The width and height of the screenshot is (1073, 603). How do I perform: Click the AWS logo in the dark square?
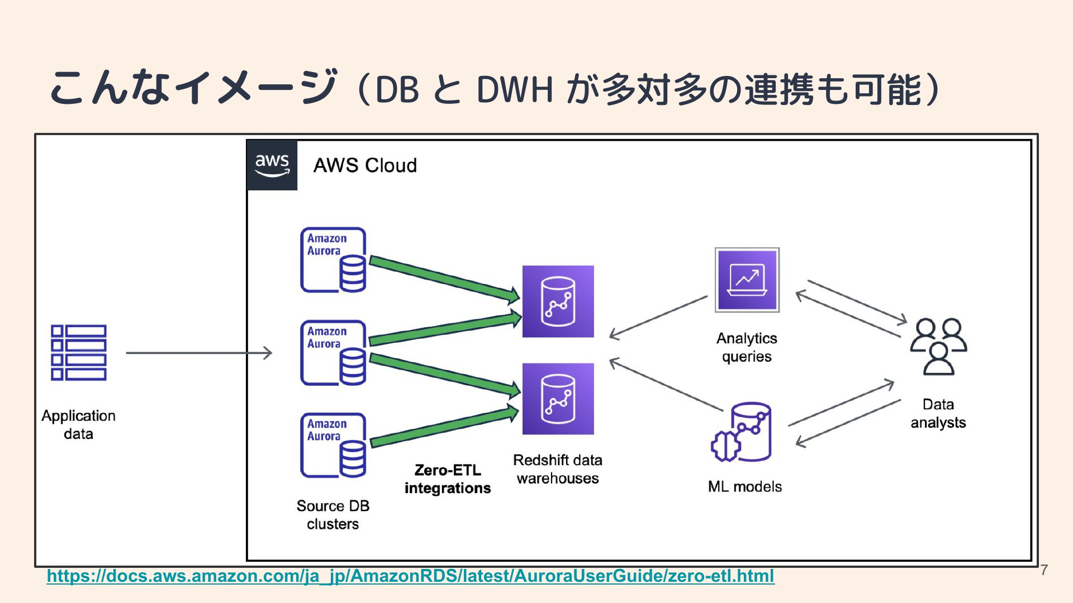tap(272, 165)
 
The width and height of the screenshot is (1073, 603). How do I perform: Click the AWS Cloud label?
tap(365, 165)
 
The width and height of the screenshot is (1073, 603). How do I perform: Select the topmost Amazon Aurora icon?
tap(334, 260)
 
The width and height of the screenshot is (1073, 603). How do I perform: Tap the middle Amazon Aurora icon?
tap(334, 353)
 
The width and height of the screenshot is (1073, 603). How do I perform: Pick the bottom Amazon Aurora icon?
tap(334, 446)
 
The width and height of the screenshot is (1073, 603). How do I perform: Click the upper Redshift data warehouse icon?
tap(558, 301)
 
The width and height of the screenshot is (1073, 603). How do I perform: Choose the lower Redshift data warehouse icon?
tap(558, 399)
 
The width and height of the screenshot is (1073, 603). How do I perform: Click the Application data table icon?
tap(79, 352)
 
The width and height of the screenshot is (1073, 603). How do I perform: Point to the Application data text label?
tap(78, 425)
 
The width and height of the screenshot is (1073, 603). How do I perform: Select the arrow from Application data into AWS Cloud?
tap(199, 353)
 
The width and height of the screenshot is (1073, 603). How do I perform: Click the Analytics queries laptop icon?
tap(747, 280)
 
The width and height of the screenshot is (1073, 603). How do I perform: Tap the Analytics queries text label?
tap(747, 347)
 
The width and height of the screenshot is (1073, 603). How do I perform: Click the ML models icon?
tap(741, 432)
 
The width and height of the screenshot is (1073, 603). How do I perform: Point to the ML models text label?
tap(745, 486)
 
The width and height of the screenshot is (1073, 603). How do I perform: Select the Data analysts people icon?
tap(938, 347)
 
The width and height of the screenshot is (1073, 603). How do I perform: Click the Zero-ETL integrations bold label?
tap(448, 479)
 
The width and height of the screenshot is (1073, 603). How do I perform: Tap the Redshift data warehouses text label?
tap(558, 469)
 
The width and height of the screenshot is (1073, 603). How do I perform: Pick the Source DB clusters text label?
tap(333, 515)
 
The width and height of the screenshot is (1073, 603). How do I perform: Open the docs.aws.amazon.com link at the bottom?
tap(411, 576)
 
